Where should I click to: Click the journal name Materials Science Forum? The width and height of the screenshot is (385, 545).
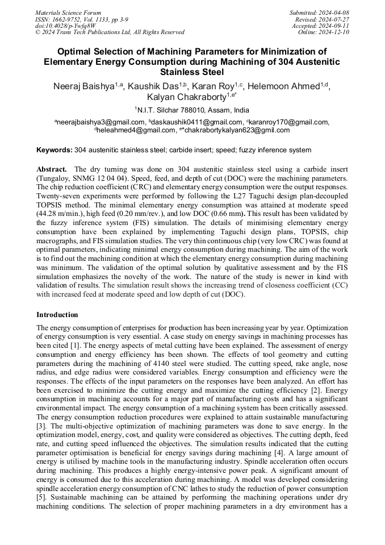(x=68, y=13)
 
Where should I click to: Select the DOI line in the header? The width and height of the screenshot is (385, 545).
(x=65, y=26)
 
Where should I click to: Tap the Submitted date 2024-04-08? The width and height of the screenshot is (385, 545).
(x=333, y=13)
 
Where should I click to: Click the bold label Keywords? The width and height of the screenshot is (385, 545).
(x=55, y=151)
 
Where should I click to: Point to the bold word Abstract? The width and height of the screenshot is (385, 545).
(x=52, y=170)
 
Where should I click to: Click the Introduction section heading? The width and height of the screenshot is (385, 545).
(x=57, y=315)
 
